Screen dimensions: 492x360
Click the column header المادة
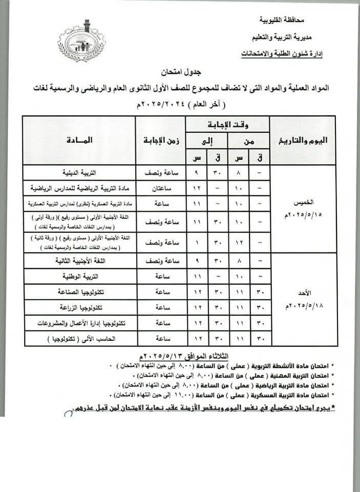[79, 140]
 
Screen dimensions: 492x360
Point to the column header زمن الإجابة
[160, 140]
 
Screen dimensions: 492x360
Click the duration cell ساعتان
[160, 188]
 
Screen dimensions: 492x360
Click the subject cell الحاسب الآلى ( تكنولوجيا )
[79, 338]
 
